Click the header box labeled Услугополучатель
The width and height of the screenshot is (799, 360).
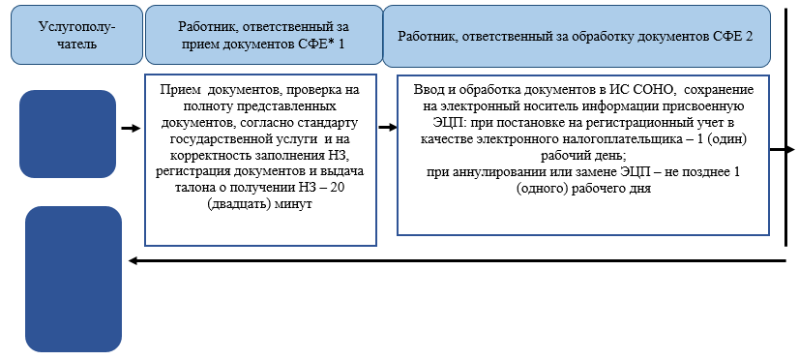69,36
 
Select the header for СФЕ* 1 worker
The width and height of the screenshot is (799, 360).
261,36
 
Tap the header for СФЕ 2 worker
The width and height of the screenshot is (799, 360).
576,36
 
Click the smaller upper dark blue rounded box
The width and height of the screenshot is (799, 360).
68,127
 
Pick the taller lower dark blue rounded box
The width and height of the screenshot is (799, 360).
73,279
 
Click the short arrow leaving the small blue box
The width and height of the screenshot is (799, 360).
130,127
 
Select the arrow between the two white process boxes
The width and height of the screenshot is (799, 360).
386,127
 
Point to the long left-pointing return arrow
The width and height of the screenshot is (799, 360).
455,260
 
